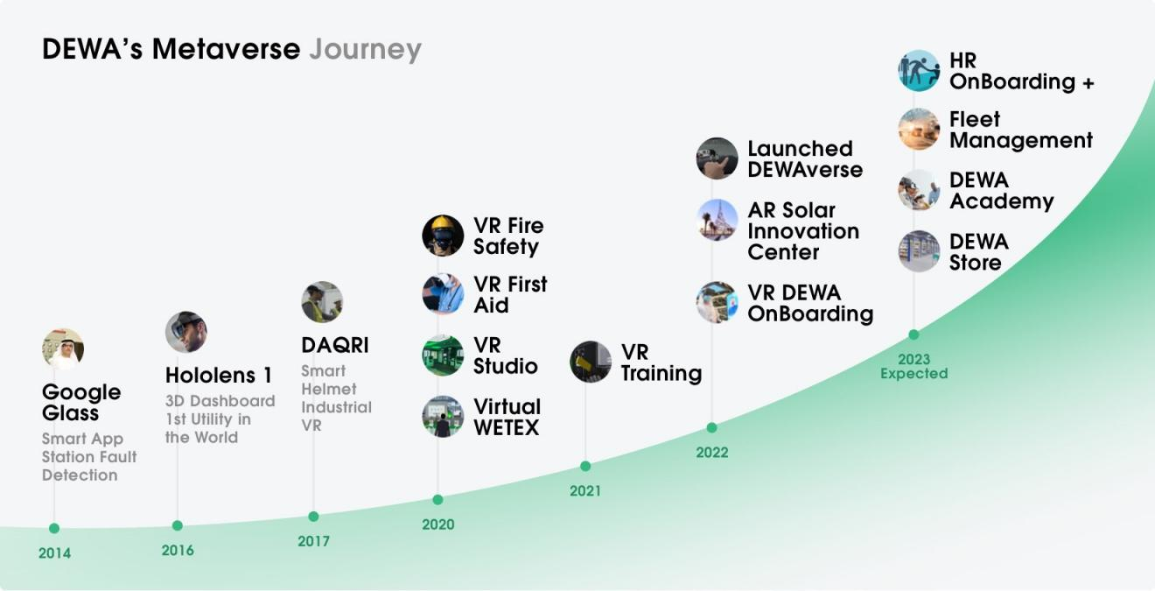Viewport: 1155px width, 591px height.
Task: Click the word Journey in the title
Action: coord(365,50)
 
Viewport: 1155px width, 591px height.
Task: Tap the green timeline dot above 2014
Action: coord(54,528)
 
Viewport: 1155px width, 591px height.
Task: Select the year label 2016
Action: coord(178,550)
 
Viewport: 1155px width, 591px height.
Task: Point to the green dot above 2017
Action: coord(313,517)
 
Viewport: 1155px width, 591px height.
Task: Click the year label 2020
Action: coord(438,524)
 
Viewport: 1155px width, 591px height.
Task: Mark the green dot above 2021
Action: coord(585,466)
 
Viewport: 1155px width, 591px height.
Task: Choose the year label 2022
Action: coord(712,453)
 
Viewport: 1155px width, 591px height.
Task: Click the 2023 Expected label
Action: coord(914,366)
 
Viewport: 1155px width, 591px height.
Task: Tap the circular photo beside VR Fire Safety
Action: coord(443,236)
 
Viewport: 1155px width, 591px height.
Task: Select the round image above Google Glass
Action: coord(63,349)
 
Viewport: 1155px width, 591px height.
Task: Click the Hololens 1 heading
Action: coord(219,376)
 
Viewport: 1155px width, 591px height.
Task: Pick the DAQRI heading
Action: coord(335,345)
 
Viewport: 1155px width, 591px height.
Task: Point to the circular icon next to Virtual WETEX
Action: coord(443,417)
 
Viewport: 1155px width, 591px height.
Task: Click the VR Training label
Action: coord(661,362)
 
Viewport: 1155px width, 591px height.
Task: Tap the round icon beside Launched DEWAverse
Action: coord(717,158)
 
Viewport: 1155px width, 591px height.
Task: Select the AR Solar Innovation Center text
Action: coord(803,231)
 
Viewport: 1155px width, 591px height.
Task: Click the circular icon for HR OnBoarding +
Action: coord(919,71)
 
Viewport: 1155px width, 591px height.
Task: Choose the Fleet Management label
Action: coord(1021,130)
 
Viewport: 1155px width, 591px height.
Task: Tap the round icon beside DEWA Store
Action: coord(919,251)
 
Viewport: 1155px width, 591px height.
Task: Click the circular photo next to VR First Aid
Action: coord(443,294)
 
